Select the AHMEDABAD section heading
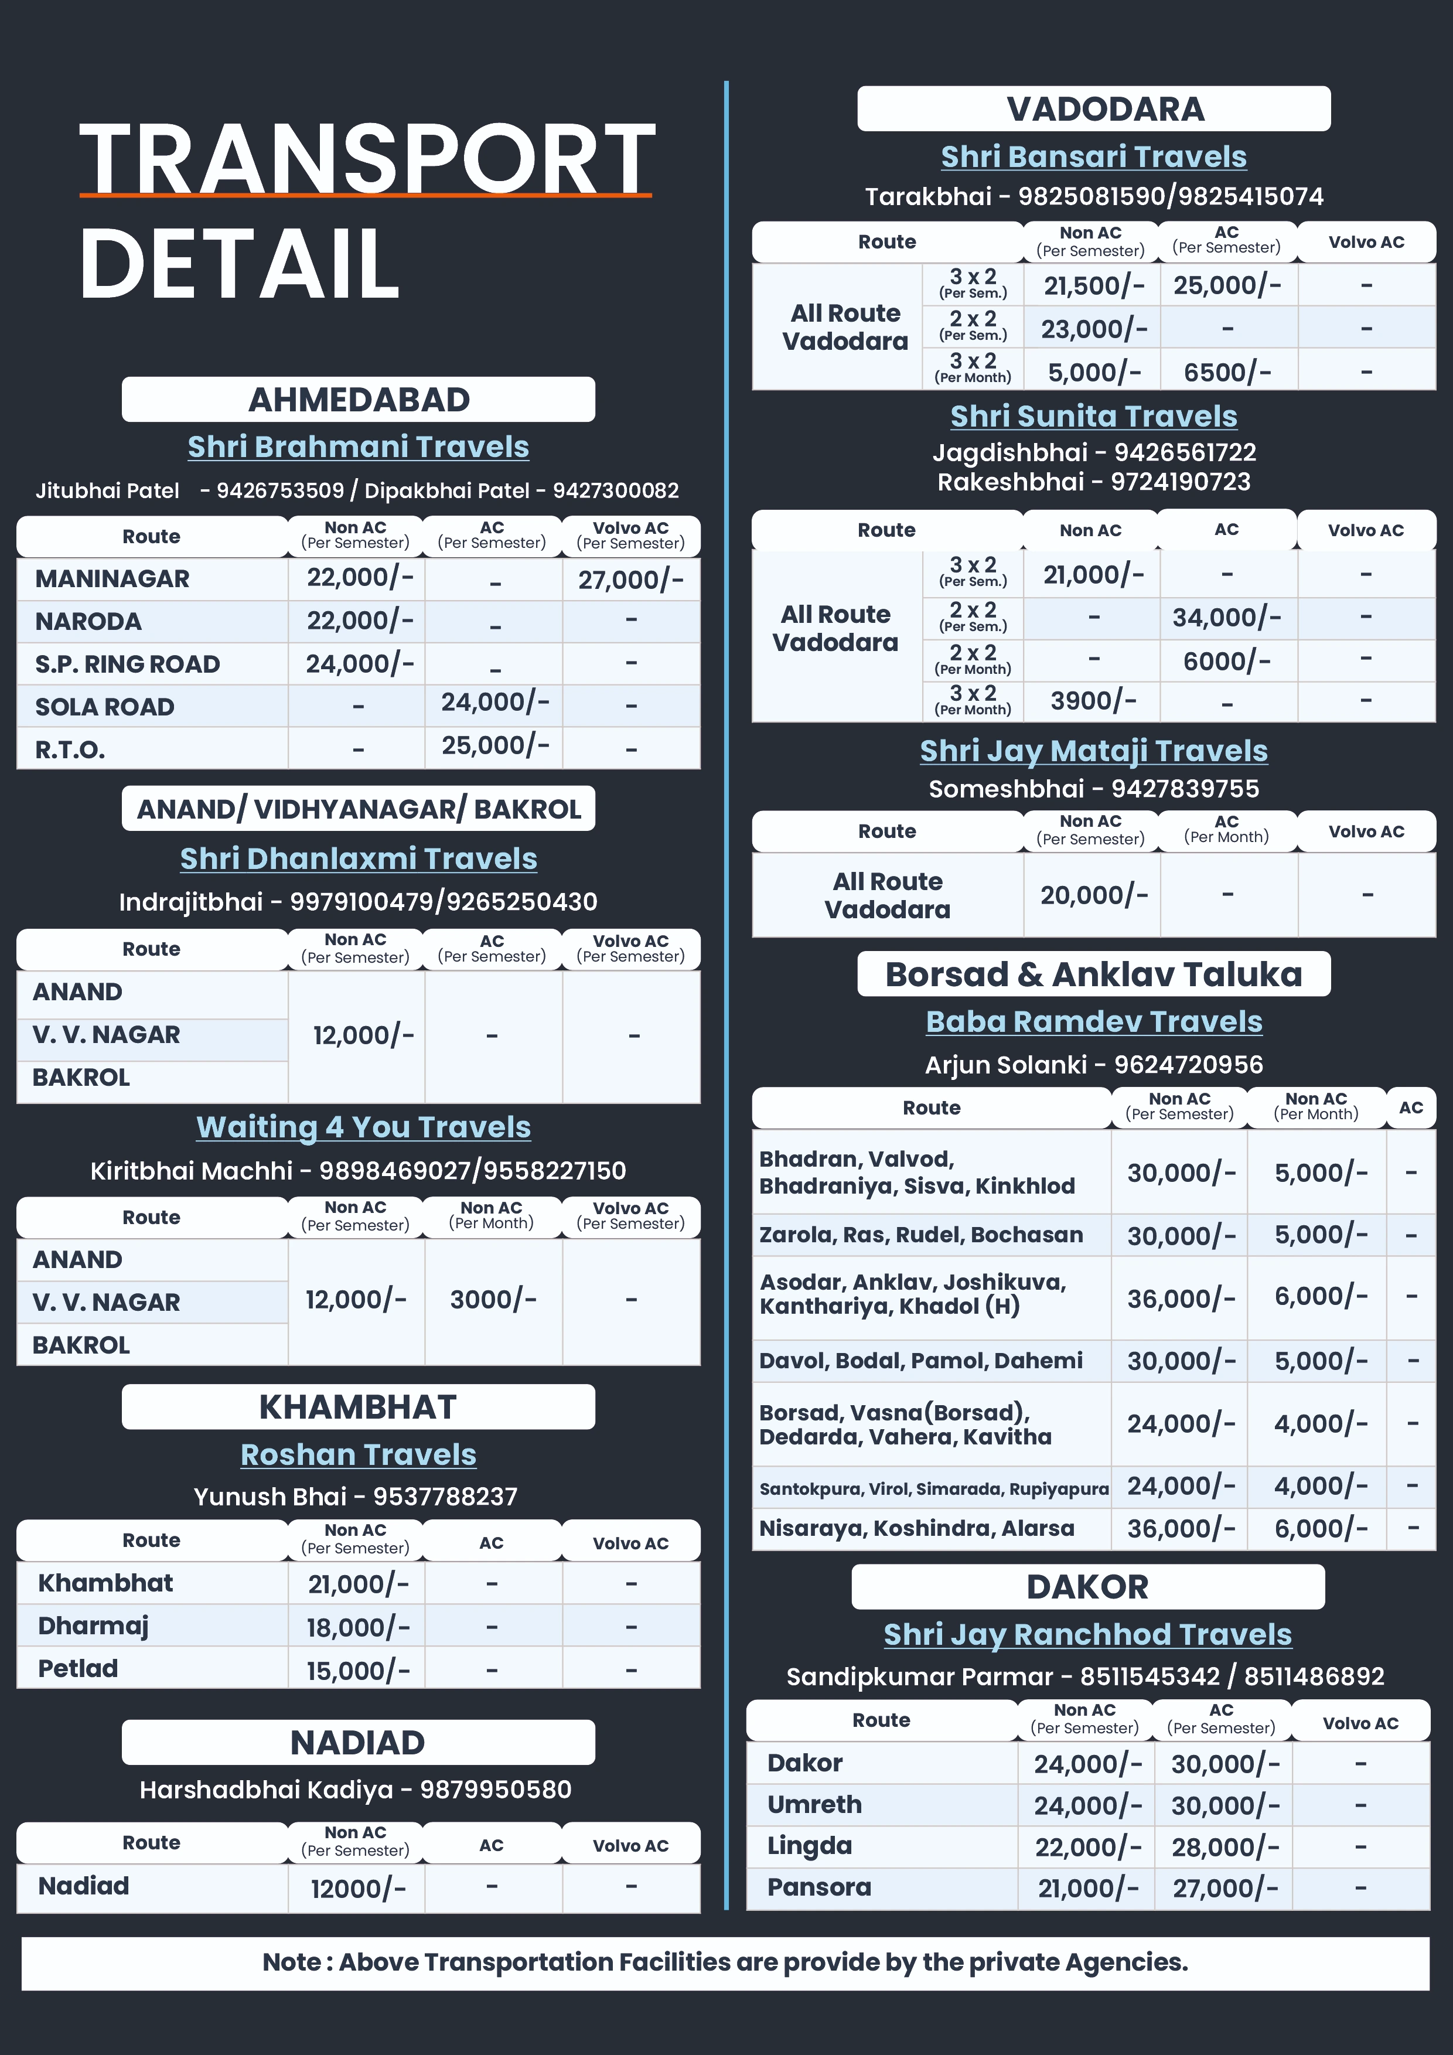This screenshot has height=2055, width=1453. click(x=358, y=399)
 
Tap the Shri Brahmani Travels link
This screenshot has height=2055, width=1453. click(x=358, y=447)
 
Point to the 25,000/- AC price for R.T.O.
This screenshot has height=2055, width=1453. click(x=494, y=745)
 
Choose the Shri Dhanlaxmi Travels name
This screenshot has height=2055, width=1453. click(x=358, y=858)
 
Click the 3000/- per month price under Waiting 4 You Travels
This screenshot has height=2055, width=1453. click(x=493, y=1300)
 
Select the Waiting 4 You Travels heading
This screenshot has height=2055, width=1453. click(x=363, y=1127)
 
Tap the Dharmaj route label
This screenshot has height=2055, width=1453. click(x=93, y=1625)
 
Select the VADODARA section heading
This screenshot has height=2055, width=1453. click(x=1105, y=109)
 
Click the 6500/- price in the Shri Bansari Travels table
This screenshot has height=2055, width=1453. click(x=1227, y=372)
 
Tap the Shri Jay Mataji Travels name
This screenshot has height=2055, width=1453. click(x=1093, y=751)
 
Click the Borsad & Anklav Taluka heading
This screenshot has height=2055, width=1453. click(x=1093, y=974)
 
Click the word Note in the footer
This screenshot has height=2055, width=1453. click(x=291, y=1962)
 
